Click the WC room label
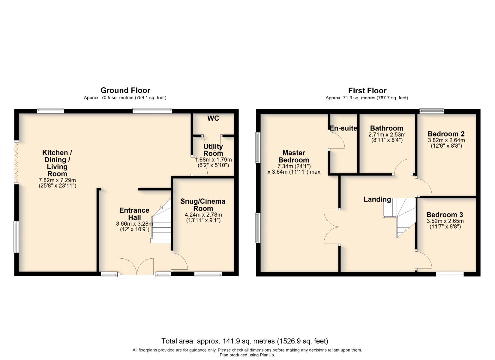(x=213, y=118)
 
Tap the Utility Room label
(x=213, y=150)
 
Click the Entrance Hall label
(x=134, y=214)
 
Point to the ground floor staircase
(x=161, y=223)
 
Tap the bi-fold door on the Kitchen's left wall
(x=16, y=162)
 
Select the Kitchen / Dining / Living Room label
(x=57, y=163)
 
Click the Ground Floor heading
(x=125, y=90)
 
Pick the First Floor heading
(x=367, y=91)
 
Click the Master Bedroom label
(x=294, y=156)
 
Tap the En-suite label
(x=343, y=128)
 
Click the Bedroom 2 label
(x=446, y=134)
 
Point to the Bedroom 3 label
(x=445, y=215)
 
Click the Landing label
(x=377, y=199)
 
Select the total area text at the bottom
(x=245, y=341)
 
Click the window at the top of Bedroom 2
(x=431, y=111)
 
